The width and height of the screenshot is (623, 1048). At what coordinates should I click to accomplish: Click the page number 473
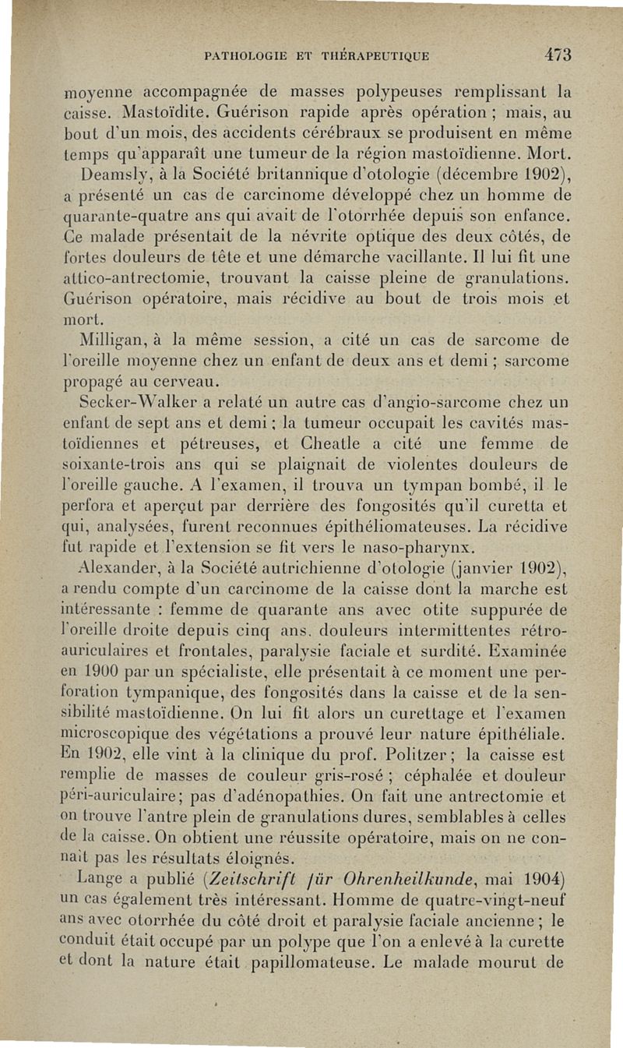[x=558, y=55]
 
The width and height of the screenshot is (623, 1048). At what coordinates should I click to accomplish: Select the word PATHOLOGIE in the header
[x=242, y=56]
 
